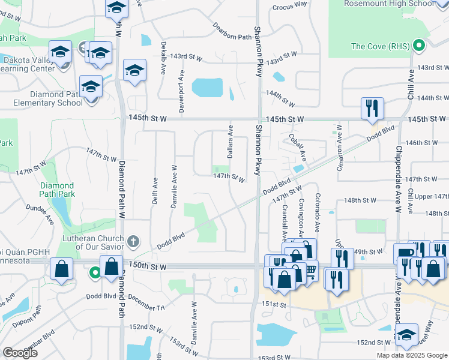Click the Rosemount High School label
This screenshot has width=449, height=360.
pyautogui.click(x=388, y=4)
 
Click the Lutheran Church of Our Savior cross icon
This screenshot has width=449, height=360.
pyautogui.click(x=133, y=242)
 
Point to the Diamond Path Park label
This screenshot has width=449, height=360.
pyautogui.click(x=57, y=190)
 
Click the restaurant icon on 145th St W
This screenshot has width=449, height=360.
pyautogui.click(x=372, y=109)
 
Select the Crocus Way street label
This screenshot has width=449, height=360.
pyautogui.click(x=289, y=4)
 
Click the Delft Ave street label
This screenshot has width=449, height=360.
pyautogui.click(x=155, y=190)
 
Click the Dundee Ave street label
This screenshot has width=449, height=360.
pyautogui.click(x=40, y=214)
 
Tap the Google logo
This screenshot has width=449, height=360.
pyautogui.click(x=20, y=353)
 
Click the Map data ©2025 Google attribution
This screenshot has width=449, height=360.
pyautogui.click(x=411, y=355)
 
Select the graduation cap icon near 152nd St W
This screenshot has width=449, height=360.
pyautogui.click(x=406, y=335)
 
